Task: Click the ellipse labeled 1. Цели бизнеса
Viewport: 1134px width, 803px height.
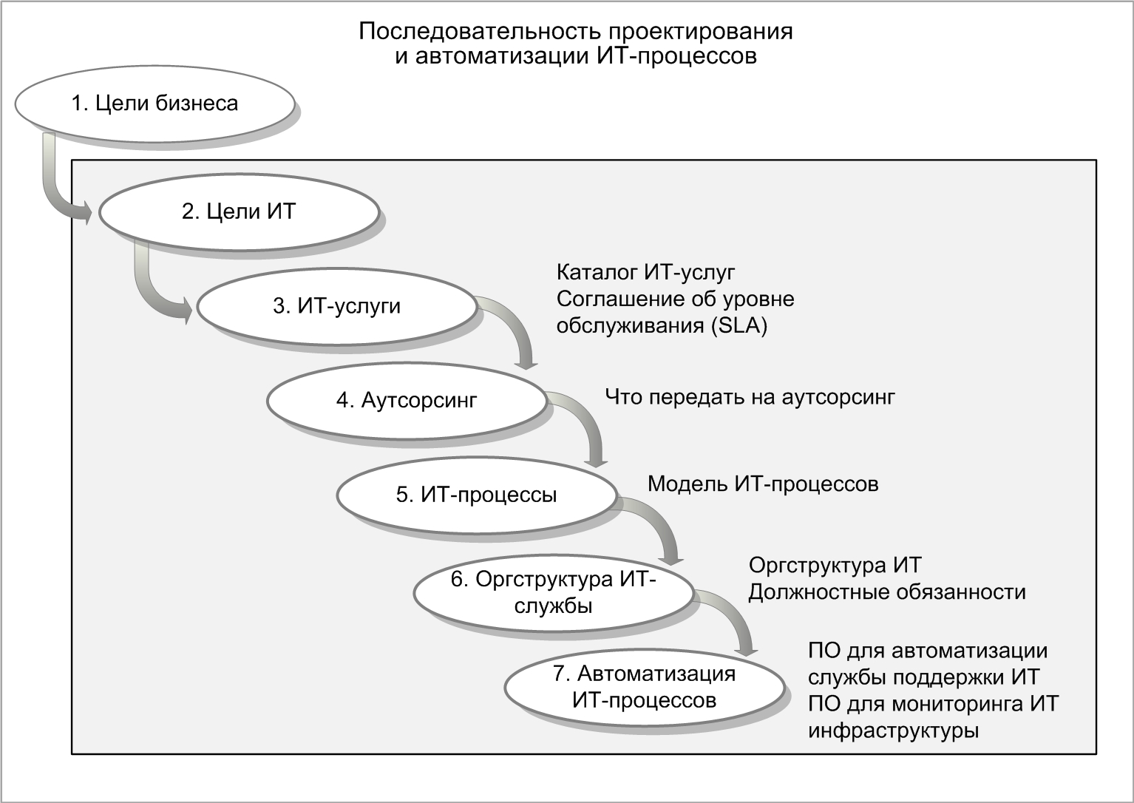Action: tap(155, 104)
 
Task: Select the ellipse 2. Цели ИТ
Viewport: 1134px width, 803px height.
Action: tap(239, 211)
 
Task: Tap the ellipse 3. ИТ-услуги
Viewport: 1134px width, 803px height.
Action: tap(336, 306)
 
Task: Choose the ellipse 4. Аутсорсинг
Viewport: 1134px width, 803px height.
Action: tap(407, 401)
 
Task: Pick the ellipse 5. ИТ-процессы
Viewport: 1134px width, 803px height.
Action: tap(476, 495)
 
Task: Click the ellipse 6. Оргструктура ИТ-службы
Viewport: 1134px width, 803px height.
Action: tap(554, 593)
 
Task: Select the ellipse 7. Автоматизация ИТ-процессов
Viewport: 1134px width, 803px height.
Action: tap(645, 688)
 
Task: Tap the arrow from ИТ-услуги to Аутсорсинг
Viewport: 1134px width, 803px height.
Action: tap(519, 324)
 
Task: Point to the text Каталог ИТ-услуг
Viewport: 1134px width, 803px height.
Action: tap(645, 272)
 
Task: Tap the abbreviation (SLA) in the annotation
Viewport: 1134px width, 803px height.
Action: tap(739, 325)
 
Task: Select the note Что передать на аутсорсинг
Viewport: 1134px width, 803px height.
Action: tap(750, 397)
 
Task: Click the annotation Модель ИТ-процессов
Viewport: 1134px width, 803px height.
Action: tap(763, 484)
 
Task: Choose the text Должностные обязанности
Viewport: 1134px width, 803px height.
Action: tap(887, 592)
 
